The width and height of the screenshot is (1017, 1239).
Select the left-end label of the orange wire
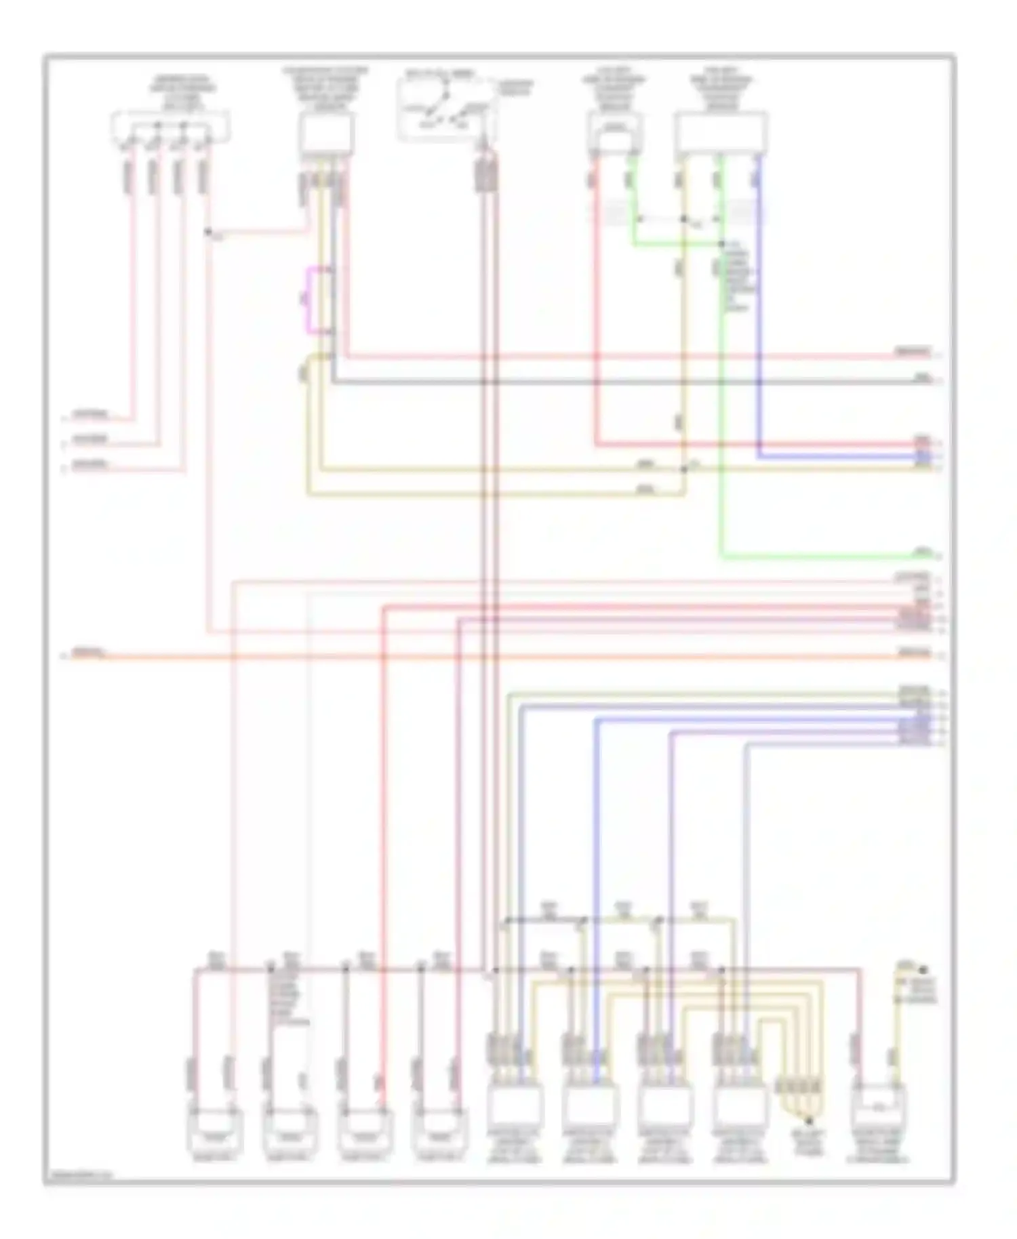coord(89,653)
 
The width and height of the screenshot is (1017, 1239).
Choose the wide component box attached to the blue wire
coord(721,133)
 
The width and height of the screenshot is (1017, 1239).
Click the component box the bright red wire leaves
coord(614,133)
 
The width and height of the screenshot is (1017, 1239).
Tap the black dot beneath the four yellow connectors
coord(808,1122)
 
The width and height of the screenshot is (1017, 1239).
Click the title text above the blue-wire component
coord(721,92)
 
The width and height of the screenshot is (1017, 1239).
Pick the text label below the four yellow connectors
coord(808,1146)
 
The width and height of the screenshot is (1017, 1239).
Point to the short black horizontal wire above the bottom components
coord(545,920)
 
